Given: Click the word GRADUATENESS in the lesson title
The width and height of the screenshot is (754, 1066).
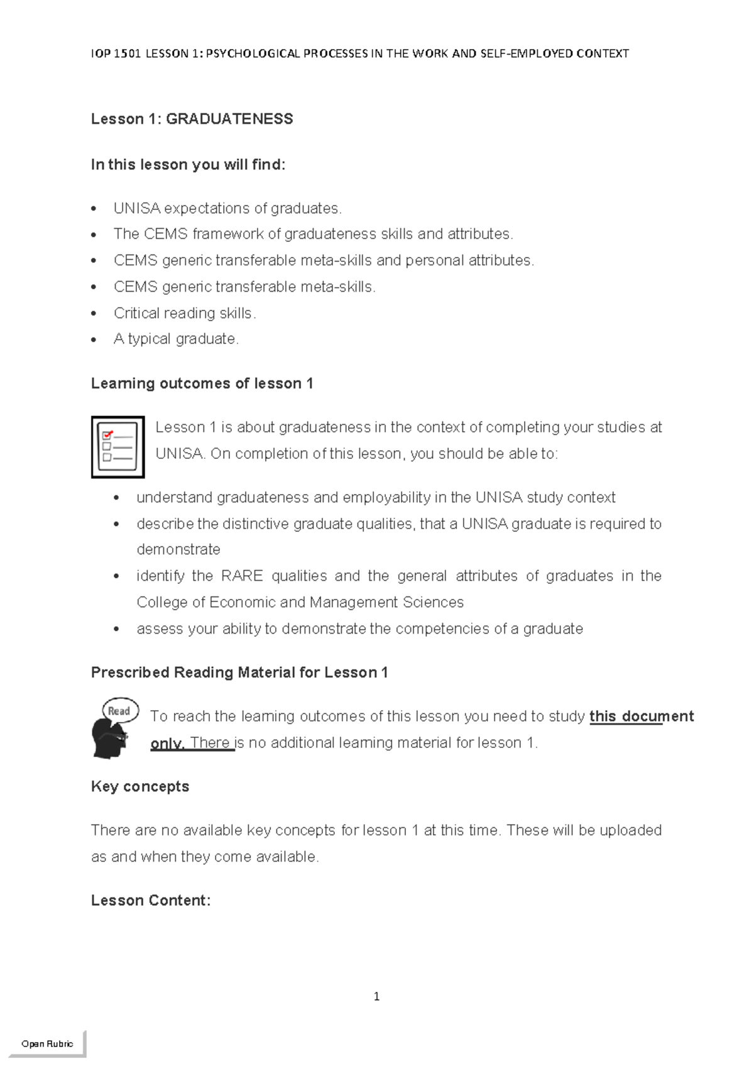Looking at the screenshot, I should point(229,119).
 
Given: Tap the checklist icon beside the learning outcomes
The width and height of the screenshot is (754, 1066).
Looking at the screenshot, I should point(117,447).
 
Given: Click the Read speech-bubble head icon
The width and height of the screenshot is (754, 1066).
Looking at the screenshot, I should point(113,727).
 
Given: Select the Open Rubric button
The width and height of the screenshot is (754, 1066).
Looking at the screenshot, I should point(47,1043).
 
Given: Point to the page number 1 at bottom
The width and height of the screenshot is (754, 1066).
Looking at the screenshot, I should point(376,996).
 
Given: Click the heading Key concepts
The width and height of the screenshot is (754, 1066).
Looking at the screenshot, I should point(140,787).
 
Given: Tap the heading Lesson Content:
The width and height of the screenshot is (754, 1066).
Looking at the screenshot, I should point(151,901).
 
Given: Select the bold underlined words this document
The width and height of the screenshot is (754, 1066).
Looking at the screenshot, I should point(642,717).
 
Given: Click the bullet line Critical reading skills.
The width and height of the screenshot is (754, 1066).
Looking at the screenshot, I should point(185,313).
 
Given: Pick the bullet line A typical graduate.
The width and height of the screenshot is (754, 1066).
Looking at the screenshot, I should point(176,339).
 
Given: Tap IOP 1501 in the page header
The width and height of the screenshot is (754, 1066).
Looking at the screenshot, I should point(116,54).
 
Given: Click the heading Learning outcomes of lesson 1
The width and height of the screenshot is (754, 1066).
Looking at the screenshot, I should point(202,384).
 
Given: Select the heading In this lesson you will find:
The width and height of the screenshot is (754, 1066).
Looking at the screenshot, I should point(188,165).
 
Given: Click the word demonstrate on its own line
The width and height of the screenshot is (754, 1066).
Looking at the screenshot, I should point(178,550).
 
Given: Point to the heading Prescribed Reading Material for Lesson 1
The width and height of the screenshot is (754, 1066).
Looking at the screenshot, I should point(239,673).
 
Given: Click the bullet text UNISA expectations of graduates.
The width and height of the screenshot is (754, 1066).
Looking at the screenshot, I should point(227,209).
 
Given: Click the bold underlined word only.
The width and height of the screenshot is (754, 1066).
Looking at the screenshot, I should point(167,744).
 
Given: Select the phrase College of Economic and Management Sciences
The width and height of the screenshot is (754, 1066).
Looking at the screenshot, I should point(300,603).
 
